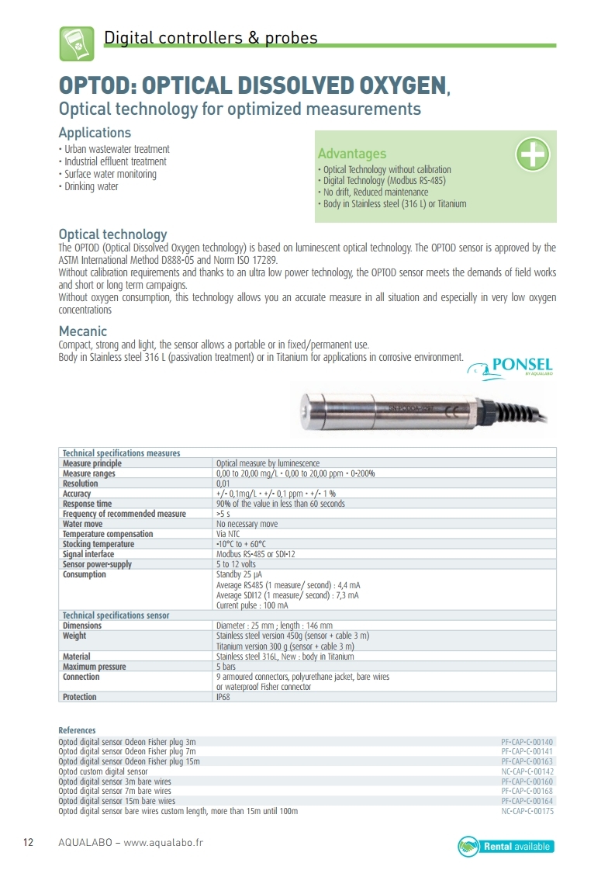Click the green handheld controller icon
[77, 43]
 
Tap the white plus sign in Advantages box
[533, 154]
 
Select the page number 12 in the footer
[29, 843]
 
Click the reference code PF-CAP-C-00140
[527, 742]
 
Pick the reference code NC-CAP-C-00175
[527, 811]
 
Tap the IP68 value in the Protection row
[223, 697]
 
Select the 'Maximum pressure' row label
[94, 667]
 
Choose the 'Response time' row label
[87, 504]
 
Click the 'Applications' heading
[95, 133]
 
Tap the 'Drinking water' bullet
[91, 186]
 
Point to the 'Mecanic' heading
[83, 331]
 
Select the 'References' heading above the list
[77, 730]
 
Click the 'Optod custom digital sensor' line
[103, 771]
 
